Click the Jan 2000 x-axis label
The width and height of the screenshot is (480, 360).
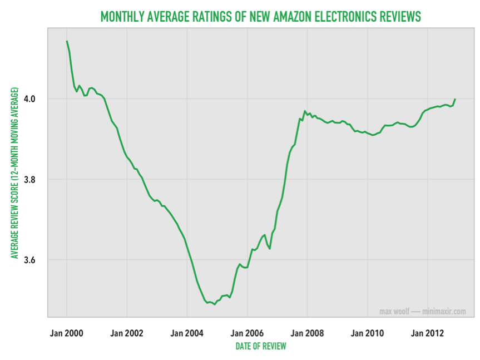pyautogui.click(x=67, y=333)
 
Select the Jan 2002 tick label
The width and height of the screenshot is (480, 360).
pyautogui.click(x=127, y=333)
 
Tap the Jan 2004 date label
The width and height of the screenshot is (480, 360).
pyautogui.click(x=187, y=333)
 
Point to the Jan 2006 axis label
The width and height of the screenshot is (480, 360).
pyautogui.click(x=247, y=333)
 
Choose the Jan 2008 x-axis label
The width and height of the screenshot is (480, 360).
pyautogui.click(x=307, y=333)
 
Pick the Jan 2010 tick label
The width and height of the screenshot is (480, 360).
pyautogui.click(x=367, y=333)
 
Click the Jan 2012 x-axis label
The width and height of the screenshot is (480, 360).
pyautogui.click(x=427, y=333)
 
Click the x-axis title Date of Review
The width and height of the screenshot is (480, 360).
pyautogui.click(x=261, y=346)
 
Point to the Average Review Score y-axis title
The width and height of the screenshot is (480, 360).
pyautogui.click(x=15, y=172)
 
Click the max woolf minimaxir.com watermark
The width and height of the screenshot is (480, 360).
pyautogui.click(x=422, y=312)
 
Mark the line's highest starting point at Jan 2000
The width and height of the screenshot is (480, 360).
pyautogui.click(x=67, y=41)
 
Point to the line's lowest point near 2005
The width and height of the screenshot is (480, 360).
pyautogui.click(x=215, y=304)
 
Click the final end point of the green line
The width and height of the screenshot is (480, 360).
pyautogui.click(x=455, y=99)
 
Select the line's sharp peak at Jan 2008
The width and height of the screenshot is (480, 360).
pyautogui.click(x=305, y=111)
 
